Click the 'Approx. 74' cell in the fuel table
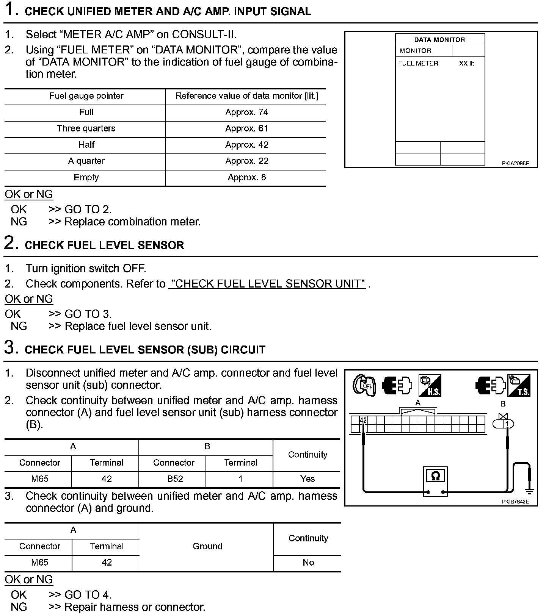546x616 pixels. coord(246,112)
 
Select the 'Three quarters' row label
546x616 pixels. coord(86,128)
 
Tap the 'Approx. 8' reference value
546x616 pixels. coord(246,177)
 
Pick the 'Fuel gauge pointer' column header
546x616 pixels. coord(86,96)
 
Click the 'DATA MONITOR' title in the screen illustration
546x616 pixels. coord(439,40)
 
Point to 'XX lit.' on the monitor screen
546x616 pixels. coord(467,64)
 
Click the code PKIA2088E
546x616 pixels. coord(515,164)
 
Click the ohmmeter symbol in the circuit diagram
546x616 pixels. coord(435,476)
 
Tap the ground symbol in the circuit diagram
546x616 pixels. coord(529,491)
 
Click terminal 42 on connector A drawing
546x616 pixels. coord(363,420)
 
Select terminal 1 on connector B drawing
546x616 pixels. coord(507,424)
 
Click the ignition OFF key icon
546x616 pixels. coord(364,386)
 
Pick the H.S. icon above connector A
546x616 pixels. coord(430,386)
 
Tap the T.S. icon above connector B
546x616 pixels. coord(519,386)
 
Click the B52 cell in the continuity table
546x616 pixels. coord(175,479)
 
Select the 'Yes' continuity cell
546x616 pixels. coord(308,479)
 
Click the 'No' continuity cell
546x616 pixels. coord(308,563)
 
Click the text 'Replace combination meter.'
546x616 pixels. coord(132,222)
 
